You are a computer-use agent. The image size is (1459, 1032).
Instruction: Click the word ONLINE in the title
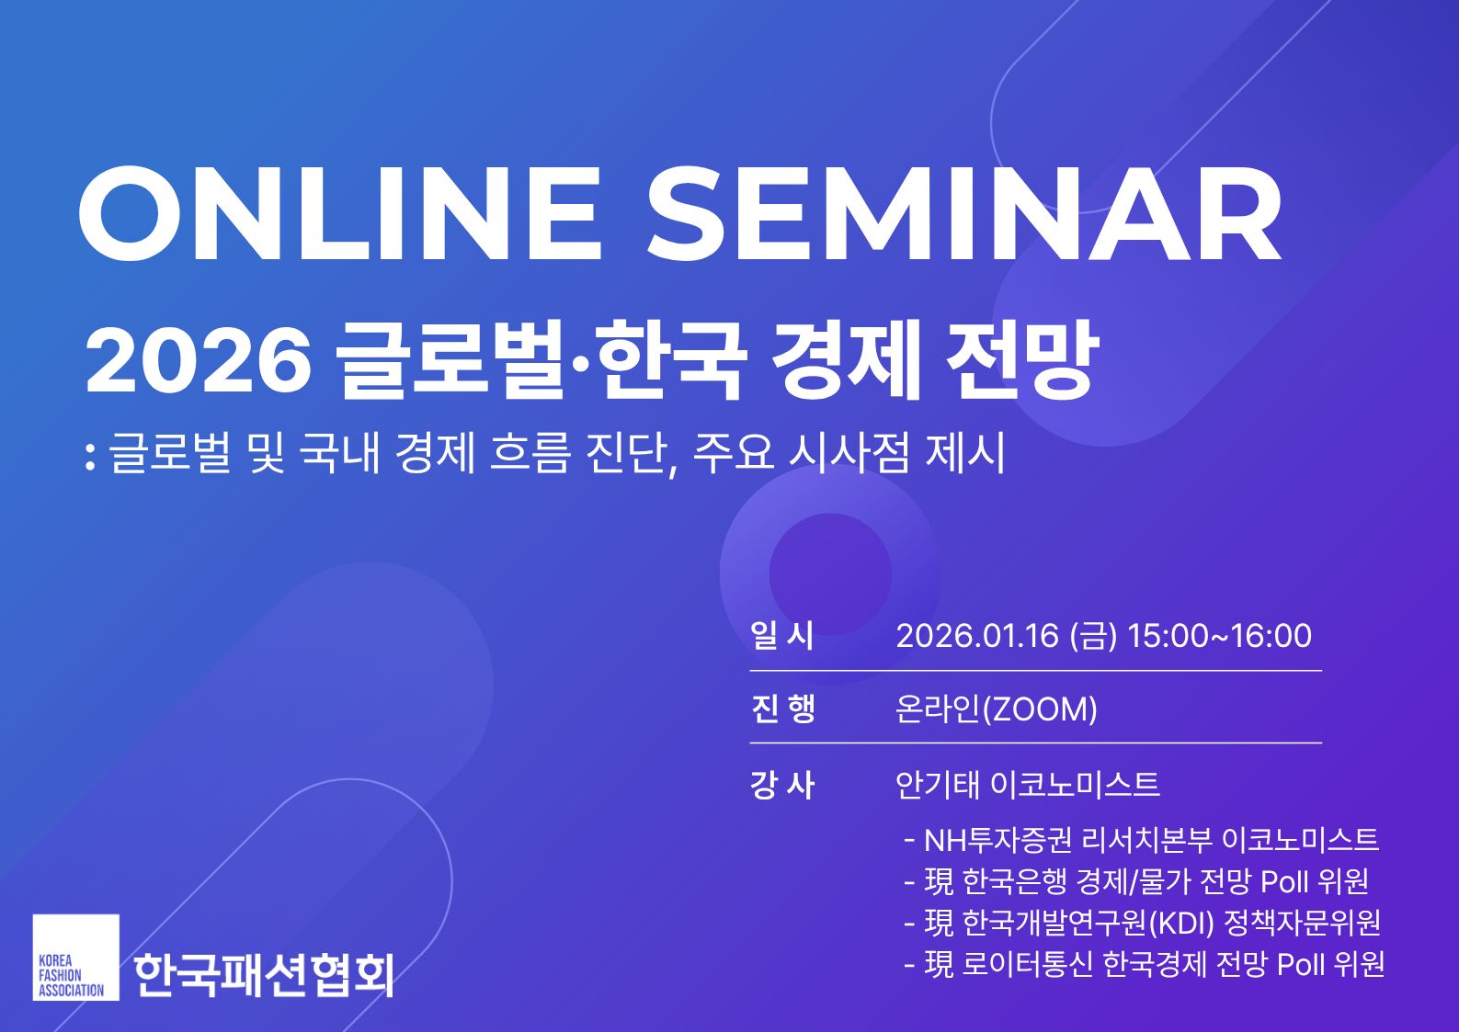pyautogui.click(x=340, y=214)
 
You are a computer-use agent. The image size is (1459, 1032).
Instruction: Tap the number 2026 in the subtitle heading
pyautogui.click(x=199, y=361)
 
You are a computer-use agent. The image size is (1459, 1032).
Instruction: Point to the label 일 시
pyautogui.click(x=781, y=636)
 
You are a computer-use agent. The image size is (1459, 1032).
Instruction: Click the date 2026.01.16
pyautogui.click(x=977, y=636)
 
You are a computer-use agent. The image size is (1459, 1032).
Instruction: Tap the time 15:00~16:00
pyautogui.click(x=1219, y=636)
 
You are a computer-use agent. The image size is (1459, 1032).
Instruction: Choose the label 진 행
pyautogui.click(x=782, y=709)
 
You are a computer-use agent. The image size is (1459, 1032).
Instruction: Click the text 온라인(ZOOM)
pyautogui.click(x=996, y=709)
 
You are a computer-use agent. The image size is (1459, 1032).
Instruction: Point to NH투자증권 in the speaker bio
pyautogui.click(x=997, y=840)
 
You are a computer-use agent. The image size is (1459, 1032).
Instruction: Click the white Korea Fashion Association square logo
pyautogui.click(x=75, y=957)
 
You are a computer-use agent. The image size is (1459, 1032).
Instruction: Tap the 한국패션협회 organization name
pyautogui.click(x=264, y=973)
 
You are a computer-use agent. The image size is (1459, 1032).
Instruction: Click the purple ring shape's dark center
pyautogui.click(x=829, y=573)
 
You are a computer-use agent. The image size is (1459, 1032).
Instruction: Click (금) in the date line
pyautogui.click(x=1093, y=636)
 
